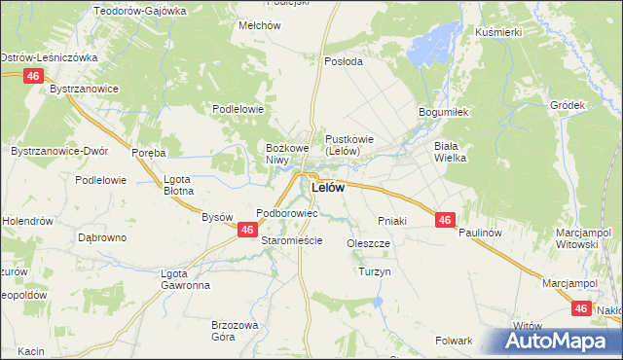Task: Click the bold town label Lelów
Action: click(x=327, y=188)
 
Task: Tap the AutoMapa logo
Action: click(x=560, y=342)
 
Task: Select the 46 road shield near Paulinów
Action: click(x=445, y=221)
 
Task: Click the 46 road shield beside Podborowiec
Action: click(x=247, y=230)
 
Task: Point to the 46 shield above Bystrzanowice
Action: click(x=34, y=75)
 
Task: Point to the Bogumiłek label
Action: click(x=444, y=112)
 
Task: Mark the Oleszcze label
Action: click(x=368, y=243)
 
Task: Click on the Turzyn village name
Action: click(x=374, y=272)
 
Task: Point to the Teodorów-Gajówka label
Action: click(x=139, y=11)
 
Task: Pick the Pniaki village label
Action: click(x=390, y=221)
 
